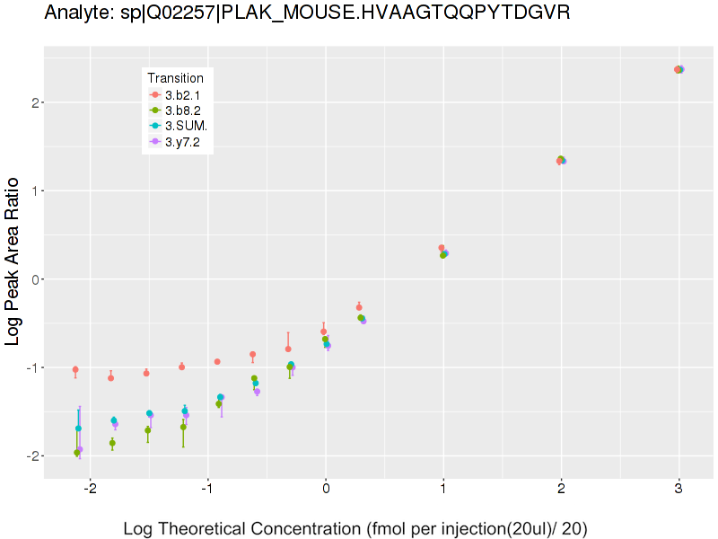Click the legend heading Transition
pos(181,78)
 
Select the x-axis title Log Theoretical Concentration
pos(355,529)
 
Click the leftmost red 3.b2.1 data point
pos(75,369)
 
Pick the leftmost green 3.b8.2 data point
pos(77,453)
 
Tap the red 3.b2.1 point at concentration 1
pos(442,248)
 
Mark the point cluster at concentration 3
pos(679,69)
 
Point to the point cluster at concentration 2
pos(561,160)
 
